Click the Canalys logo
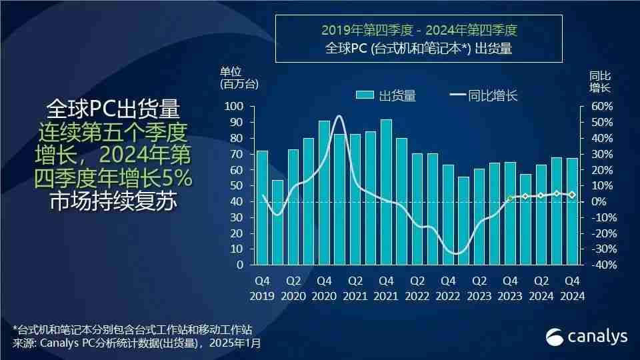(587, 337)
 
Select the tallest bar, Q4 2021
(386, 192)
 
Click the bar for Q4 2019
(262, 207)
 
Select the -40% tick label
(599, 265)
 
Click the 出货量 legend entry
(386, 95)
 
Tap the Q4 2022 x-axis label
(448, 288)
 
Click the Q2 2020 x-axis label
(293, 288)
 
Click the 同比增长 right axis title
(599, 82)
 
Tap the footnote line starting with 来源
(137, 344)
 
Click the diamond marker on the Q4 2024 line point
(572, 195)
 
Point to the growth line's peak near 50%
(339, 117)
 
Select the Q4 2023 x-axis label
(510, 288)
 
